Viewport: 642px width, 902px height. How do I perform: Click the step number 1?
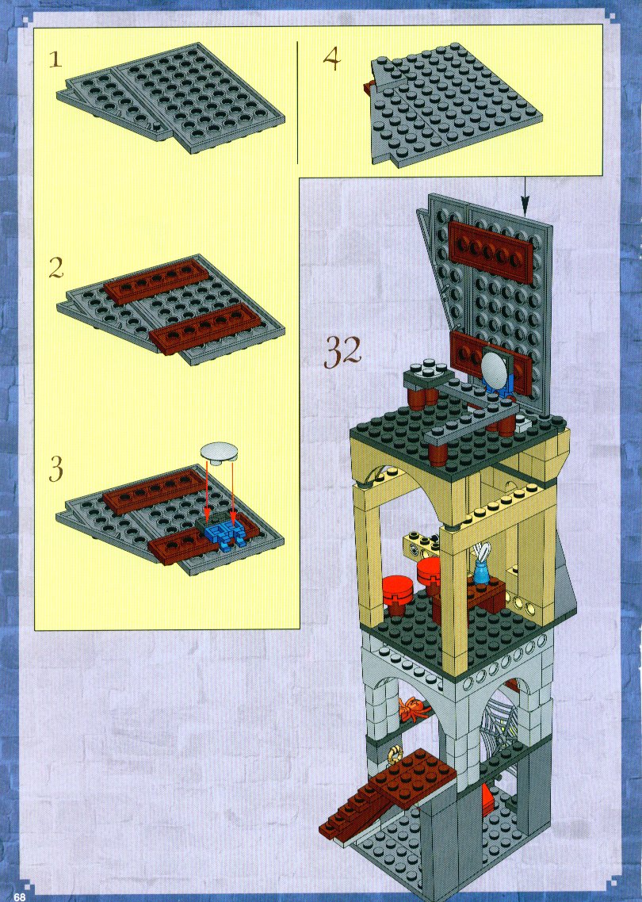55,59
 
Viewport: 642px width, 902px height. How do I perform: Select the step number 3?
55,468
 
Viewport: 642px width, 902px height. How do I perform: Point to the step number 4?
331,59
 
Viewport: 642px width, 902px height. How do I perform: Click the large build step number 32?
343,351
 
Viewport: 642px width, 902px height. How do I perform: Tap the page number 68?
21,896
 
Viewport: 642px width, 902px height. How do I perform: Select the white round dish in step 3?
220,452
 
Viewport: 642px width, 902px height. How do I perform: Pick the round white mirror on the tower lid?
495,370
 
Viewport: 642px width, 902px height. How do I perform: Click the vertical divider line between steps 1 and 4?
297,102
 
